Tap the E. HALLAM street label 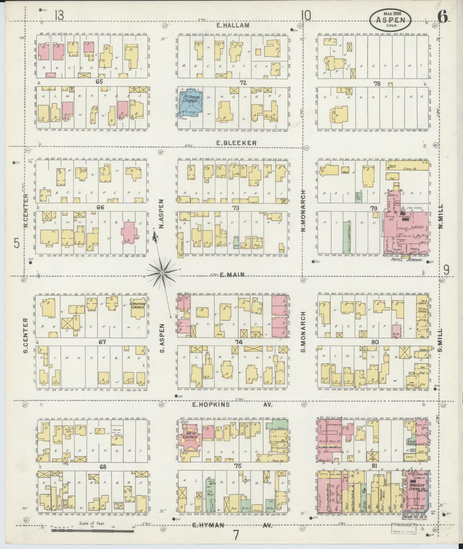[233, 26]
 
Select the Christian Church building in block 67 [138, 308]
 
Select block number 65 [99, 82]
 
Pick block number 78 [377, 84]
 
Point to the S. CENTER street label [26, 335]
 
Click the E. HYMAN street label [208, 525]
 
